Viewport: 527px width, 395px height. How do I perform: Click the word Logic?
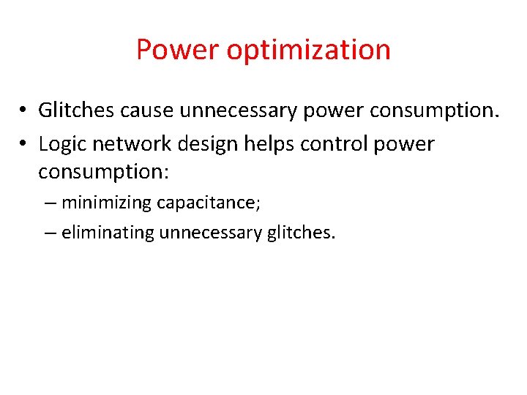click(x=63, y=144)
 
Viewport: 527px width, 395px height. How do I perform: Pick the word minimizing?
click(x=105, y=203)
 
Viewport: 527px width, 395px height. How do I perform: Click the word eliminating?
click(x=108, y=233)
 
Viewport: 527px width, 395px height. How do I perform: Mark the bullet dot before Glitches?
click(x=24, y=111)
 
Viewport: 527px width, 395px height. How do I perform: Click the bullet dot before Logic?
click(x=24, y=145)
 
